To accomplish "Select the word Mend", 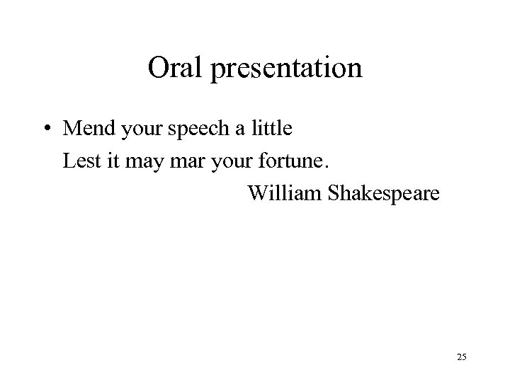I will (x=86, y=129).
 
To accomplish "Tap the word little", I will (x=266, y=129).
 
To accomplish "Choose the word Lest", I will (x=78, y=161).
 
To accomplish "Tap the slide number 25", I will (x=461, y=358).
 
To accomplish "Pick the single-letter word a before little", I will (x=231, y=132).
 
